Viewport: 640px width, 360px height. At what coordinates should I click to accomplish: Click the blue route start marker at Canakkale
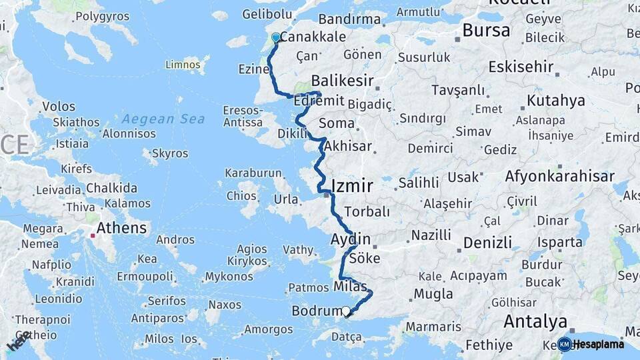tap(275, 38)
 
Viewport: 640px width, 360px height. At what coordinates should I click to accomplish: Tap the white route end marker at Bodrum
tap(346, 311)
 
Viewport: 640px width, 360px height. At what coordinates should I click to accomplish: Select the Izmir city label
tap(352, 185)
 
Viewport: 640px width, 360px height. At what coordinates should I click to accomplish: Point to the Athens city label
tap(121, 228)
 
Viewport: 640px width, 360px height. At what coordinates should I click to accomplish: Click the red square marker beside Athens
tap(93, 235)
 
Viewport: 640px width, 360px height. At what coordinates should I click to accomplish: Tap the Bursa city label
tap(486, 31)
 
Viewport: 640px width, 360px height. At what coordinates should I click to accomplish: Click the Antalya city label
tap(535, 322)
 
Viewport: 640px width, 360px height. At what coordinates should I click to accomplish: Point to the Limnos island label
tap(183, 65)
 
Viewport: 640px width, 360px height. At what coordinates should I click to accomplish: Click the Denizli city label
tap(487, 242)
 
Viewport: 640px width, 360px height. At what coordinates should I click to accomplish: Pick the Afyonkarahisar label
tap(560, 177)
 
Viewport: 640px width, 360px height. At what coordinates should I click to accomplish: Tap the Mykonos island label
tap(229, 276)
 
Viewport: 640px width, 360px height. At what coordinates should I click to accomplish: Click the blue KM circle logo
tap(565, 344)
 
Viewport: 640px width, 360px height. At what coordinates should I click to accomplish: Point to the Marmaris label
tap(433, 327)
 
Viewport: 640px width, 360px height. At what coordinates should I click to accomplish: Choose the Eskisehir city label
tap(521, 67)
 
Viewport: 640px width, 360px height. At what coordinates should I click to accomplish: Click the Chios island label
tap(241, 196)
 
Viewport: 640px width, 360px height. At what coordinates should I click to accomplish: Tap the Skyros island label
tap(170, 153)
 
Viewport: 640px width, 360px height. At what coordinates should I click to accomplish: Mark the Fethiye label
tap(489, 345)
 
